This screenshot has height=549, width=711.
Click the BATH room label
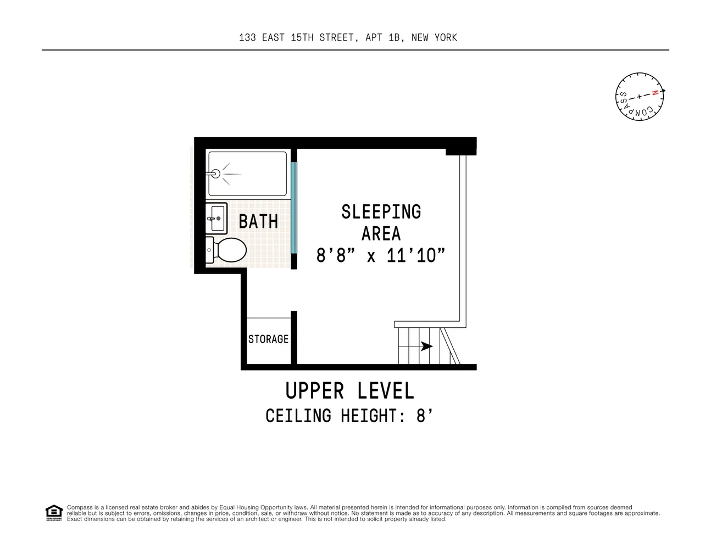point(258,222)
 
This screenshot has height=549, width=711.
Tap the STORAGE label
point(268,339)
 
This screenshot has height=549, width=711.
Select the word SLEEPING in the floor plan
point(381,212)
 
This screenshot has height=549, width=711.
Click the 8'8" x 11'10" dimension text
point(380,255)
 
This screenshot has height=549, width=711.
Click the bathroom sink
point(216,218)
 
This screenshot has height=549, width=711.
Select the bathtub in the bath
point(247,173)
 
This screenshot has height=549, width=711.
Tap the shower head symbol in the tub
point(215,174)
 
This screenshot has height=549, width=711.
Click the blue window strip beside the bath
point(294,208)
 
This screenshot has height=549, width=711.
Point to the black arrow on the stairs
point(426,346)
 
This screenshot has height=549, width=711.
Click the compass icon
point(640,96)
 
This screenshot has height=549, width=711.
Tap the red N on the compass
point(654,93)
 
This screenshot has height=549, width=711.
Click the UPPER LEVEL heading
point(349,391)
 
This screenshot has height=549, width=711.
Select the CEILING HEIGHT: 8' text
point(346,416)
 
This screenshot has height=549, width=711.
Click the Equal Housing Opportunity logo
point(53,513)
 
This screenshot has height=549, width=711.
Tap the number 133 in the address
point(247,37)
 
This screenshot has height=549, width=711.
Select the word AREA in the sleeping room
point(381,234)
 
